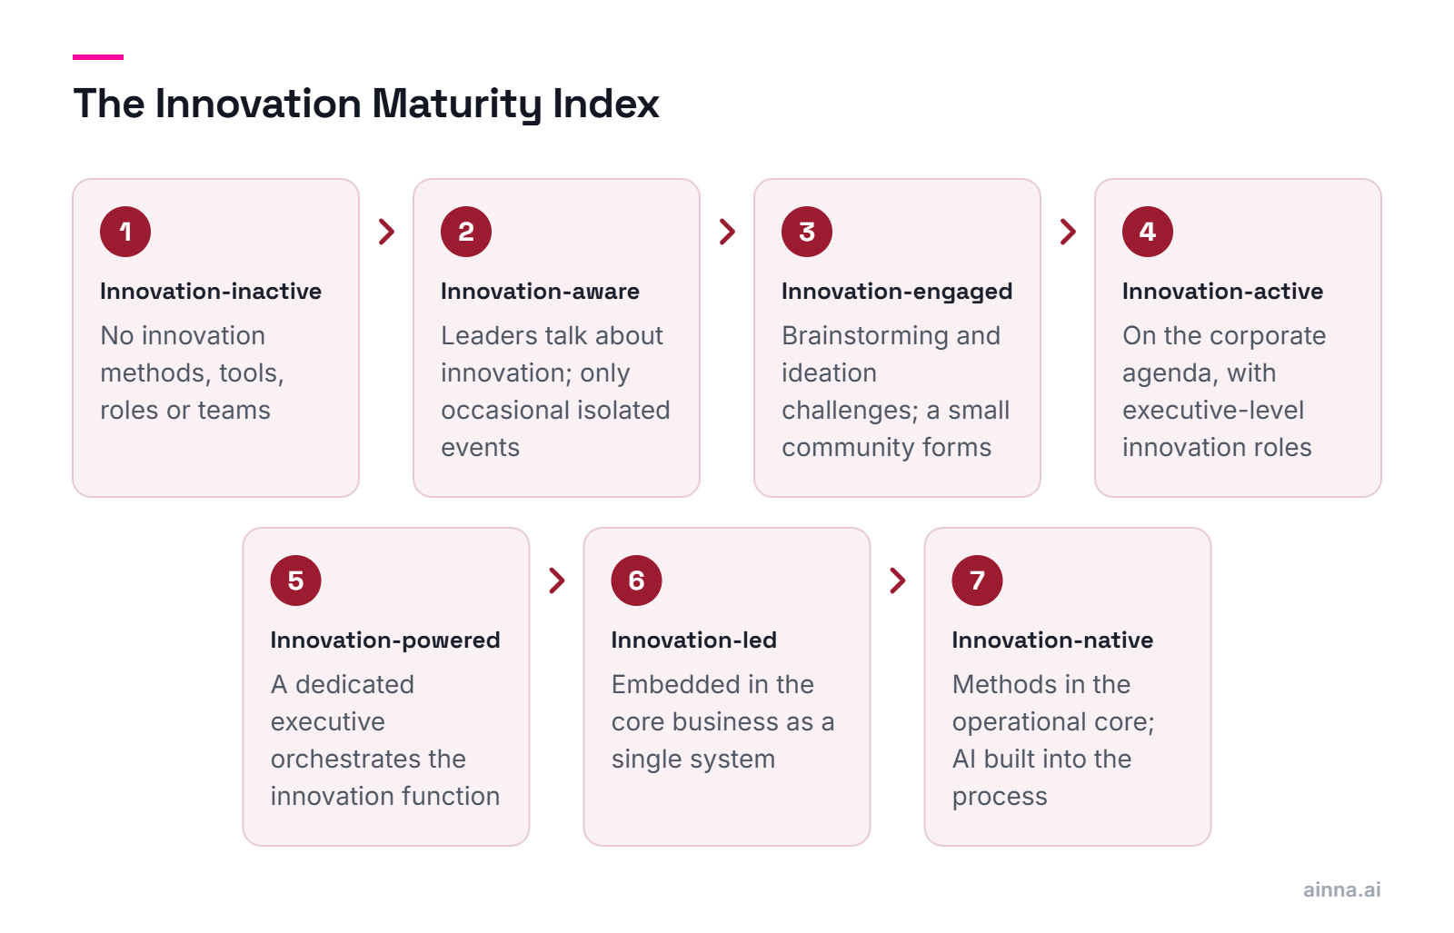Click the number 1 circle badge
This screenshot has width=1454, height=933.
click(125, 232)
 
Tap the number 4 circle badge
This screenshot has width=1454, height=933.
click(1148, 232)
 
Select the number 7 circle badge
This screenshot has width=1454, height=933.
click(977, 581)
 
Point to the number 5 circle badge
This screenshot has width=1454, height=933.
click(295, 581)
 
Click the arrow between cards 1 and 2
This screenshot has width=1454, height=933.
click(387, 232)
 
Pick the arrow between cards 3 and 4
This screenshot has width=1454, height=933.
click(1069, 232)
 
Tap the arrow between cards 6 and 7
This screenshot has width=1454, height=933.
click(898, 581)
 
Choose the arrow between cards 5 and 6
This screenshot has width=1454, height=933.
click(557, 581)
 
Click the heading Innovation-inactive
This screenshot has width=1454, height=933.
click(211, 292)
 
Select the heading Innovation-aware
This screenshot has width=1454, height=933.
click(540, 292)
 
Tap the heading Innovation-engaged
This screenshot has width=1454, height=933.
click(897, 293)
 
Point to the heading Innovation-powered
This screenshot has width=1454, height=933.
click(385, 641)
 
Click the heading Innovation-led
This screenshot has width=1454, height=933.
click(694, 640)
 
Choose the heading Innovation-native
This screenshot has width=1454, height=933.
click(1053, 640)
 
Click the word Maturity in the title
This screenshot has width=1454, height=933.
click(456, 104)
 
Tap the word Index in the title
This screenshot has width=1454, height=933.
click(606, 104)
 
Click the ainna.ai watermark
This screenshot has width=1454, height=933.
click(1341, 889)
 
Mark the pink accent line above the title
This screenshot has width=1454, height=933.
click(98, 57)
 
